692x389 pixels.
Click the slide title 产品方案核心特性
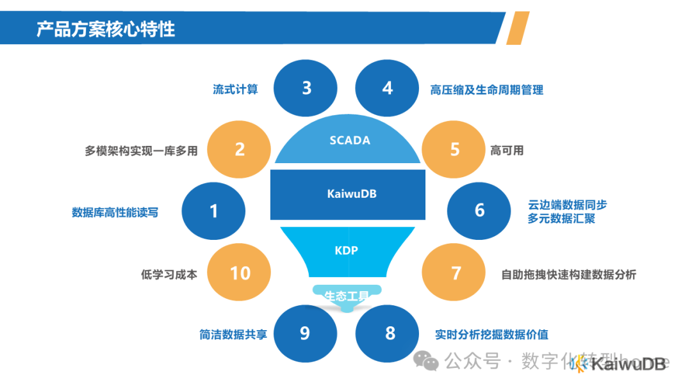[106, 29]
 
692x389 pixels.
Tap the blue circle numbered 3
[306, 87]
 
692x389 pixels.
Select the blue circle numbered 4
[387, 87]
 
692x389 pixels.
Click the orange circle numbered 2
[240, 149]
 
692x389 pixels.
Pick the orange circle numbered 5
[455, 149]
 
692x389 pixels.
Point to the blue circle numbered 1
[214, 210]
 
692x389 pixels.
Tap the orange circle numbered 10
[240, 273]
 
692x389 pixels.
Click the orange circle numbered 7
[456, 273]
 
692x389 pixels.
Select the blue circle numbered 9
[305, 333]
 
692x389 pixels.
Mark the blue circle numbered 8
[390, 333]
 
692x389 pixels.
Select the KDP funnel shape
[347, 251]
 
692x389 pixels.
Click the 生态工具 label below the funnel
[347, 296]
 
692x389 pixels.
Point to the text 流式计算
[235, 90]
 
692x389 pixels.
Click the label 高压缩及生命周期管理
[486, 90]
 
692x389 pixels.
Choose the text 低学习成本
[169, 274]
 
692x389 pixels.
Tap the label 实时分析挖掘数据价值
[491, 335]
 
